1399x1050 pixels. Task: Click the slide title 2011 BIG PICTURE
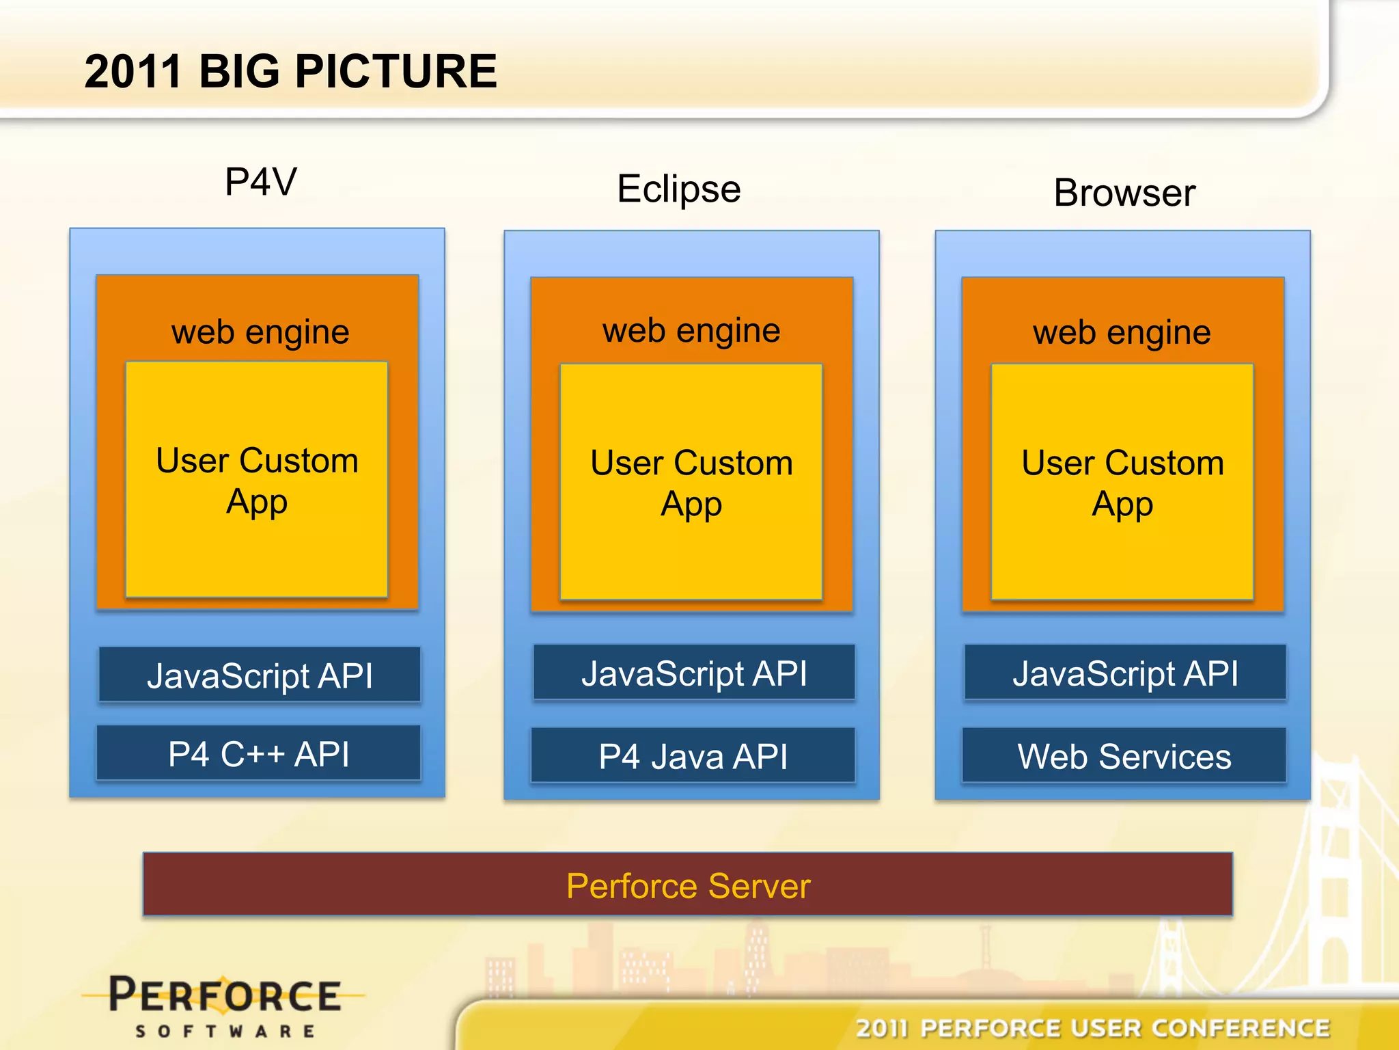click(290, 72)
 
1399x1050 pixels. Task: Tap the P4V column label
click(261, 182)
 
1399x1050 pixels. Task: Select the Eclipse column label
click(678, 189)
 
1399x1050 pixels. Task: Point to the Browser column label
click(1124, 193)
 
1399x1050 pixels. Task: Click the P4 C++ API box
click(259, 754)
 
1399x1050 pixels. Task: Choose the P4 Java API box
click(693, 756)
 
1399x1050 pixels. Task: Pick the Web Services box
click(1124, 756)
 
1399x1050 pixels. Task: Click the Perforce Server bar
click(688, 885)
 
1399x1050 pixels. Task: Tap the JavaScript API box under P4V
click(260, 675)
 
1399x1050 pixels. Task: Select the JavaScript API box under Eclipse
click(694, 673)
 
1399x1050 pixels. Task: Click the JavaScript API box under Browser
click(1125, 673)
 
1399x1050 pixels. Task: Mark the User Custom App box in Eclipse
click(691, 483)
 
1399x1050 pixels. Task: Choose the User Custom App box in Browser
click(1122, 483)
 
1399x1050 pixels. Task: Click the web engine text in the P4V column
click(260, 332)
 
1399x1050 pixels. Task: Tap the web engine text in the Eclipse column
click(691, 331)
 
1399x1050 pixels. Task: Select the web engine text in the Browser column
click(1122, 333)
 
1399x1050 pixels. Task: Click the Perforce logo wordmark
click(225, 995)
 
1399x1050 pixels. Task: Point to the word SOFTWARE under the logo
click(225, 1031)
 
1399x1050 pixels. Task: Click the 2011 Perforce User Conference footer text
click(1093, 1028)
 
